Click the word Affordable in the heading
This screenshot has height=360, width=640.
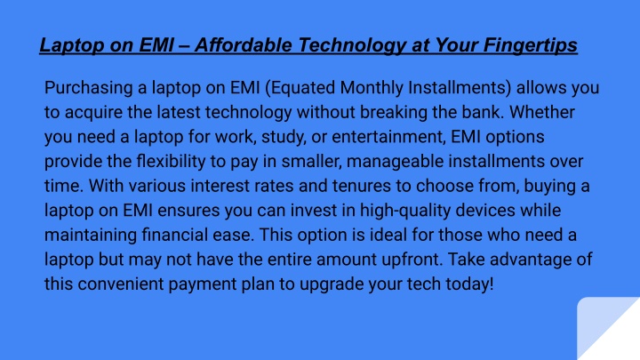pos(244,45)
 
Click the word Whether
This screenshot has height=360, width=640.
pos(542,112)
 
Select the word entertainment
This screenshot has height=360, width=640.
pos(389,137)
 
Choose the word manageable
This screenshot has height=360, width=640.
pos(395,162)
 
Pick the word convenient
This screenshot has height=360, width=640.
pos(121,284)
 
